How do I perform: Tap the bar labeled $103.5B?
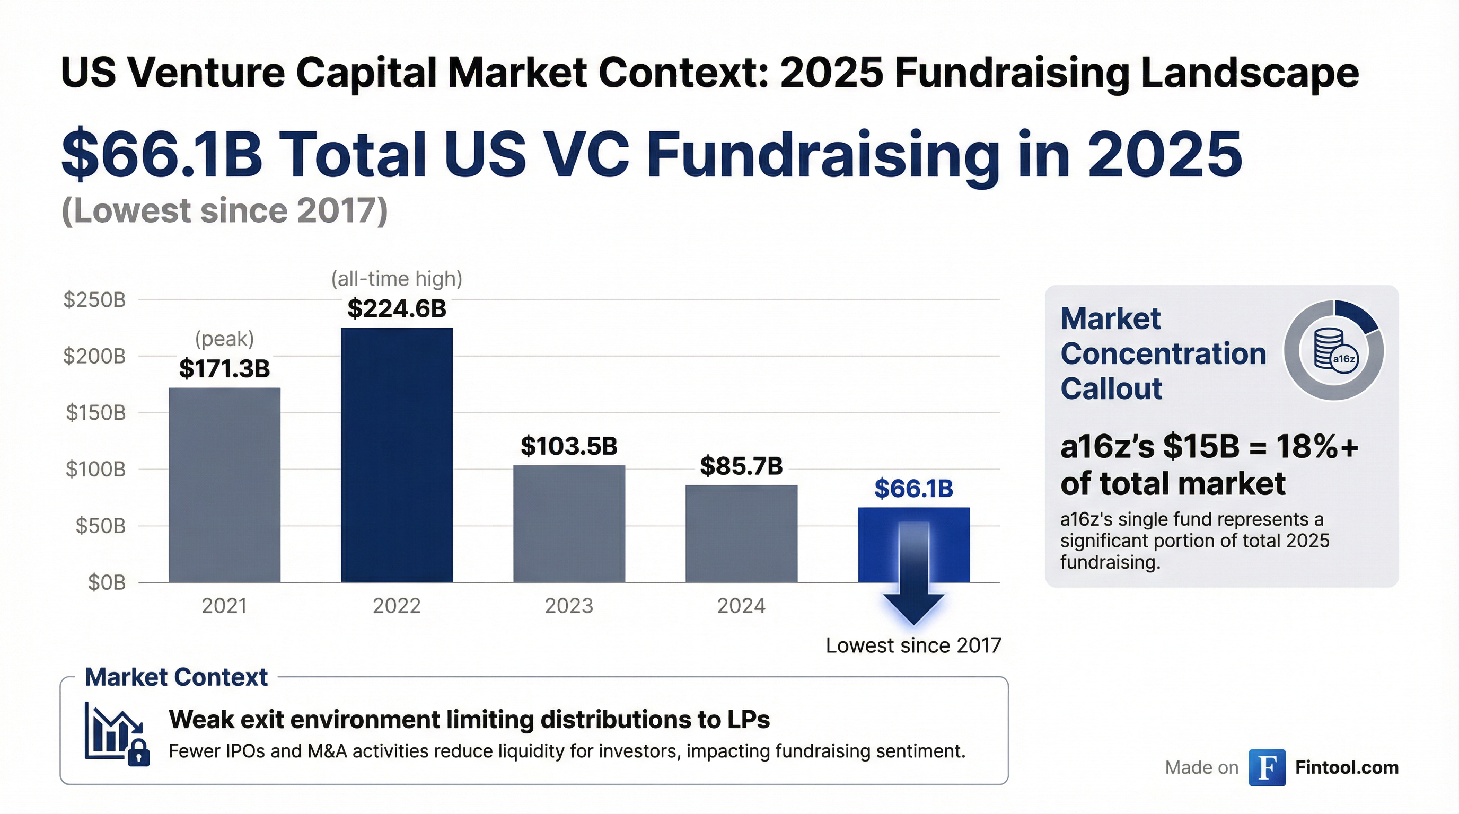[x=569, y=523]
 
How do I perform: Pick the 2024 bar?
[x=741, y=533]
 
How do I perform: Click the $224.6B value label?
[x=397, y=308]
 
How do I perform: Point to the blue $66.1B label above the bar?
[x=913, y=489]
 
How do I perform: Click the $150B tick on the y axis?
[x=95, y=413]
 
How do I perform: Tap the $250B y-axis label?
[x=94, y=299]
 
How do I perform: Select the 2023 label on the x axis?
[x=569, y=606]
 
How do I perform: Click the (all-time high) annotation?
[x=397, y=279]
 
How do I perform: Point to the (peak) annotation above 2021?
[x=224, y=339]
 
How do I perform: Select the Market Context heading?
[x=175, y=677]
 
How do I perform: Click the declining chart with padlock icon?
[x=116, y=733]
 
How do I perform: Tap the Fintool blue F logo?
[x=1267, y=767]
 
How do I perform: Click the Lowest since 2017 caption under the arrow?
[x=913, y=645]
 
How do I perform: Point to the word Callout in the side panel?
[x=1111, y=389]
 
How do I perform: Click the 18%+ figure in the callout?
[x=1317, y=447]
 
